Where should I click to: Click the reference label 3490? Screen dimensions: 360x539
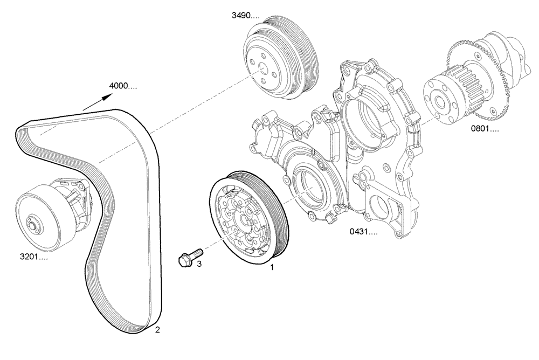[x=246, y=16]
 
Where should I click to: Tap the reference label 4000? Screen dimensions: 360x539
[x=123, y=86]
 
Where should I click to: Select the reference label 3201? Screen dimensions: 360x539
[x=32, y=258]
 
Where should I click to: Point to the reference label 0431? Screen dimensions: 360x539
[x=363, y=232]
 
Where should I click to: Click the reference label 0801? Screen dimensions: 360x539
[x=485, y=129]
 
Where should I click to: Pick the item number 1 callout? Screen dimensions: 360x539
[x=272, y=266]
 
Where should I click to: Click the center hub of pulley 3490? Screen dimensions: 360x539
[x=261, y=68]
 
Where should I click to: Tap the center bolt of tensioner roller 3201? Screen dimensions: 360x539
[x=33, y=226]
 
